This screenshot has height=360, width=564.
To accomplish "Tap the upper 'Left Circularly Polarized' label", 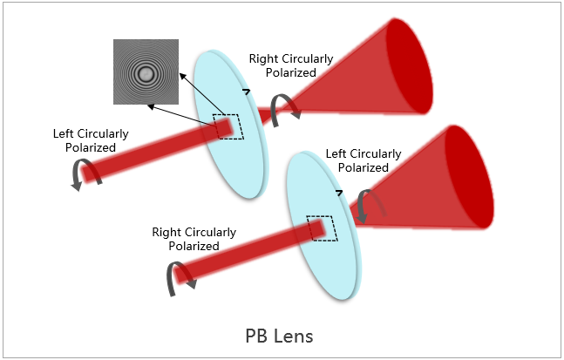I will tap(91, 140).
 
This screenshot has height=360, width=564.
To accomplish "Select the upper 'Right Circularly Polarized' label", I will tap(290, 65).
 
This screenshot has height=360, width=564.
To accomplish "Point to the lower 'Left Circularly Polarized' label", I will tap(363, 160).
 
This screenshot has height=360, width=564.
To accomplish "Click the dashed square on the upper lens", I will tap(228, 127).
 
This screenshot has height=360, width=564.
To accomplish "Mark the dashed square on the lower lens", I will tap(320, 228).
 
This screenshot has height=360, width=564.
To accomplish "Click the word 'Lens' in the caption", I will tap(296, 335).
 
